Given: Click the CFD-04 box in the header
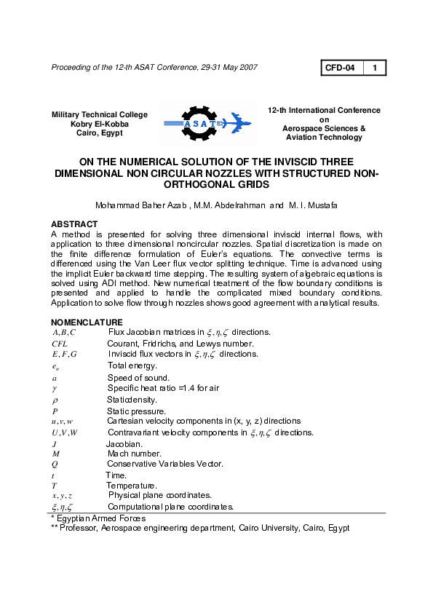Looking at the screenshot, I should tap(341, 68).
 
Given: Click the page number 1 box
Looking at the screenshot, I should tap(374, 68).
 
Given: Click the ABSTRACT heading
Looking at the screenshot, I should tap(74, 224).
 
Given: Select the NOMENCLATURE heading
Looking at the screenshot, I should tap(87, 322).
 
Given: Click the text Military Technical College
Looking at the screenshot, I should tap(99, 114).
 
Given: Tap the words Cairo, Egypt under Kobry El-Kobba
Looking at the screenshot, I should tap(99, 133).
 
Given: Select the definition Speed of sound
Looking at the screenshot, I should tap(138, 378).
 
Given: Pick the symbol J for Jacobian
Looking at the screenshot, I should tap(55, 443).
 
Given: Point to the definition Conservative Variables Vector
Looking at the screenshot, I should tap(164, 464).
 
